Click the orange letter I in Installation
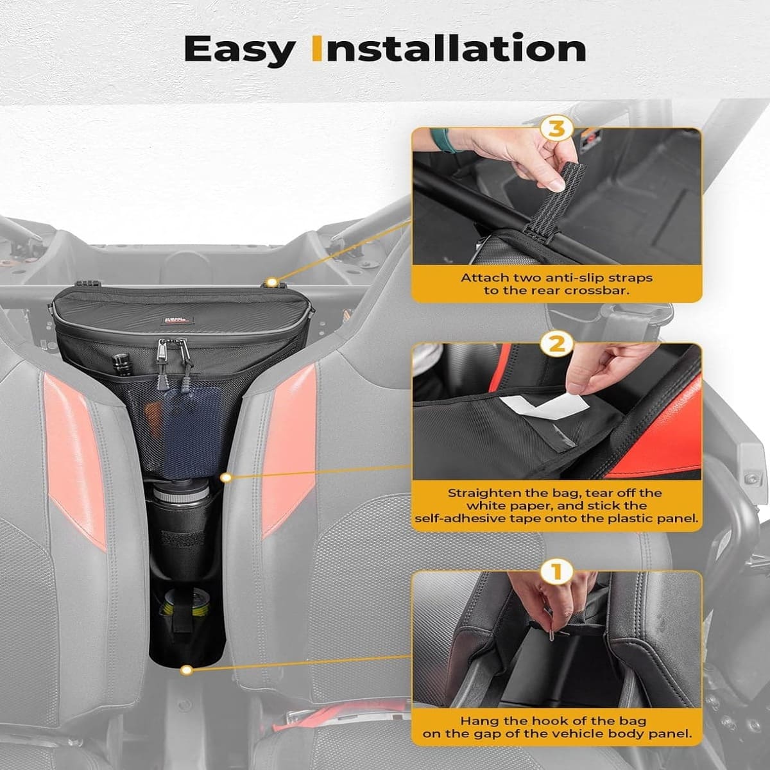316,49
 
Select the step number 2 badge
556,345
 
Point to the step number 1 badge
556,571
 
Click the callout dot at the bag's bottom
186,670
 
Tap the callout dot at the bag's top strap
273,282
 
